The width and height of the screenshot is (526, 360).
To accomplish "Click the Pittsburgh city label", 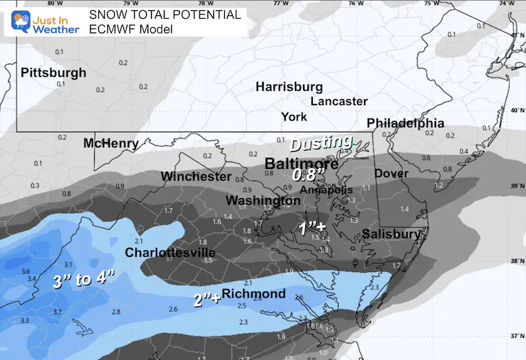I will coord(53,73).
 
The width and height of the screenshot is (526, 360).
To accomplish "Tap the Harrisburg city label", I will coord(289,87).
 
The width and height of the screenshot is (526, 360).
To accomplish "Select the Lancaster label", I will coord(338,101).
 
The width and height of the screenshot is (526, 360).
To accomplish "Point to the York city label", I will coord(294,117).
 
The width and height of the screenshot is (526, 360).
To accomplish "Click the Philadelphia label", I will coord(405,123).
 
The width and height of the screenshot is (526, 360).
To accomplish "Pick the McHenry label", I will coord(111,144).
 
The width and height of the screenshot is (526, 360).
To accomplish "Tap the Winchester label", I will coord(196,177).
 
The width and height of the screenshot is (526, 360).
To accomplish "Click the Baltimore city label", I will coord(302,165).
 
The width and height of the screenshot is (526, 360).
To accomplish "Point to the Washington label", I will coord(263,201).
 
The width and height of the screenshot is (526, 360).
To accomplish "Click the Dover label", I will coord(391,173).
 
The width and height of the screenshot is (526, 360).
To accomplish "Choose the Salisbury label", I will coord(391,234).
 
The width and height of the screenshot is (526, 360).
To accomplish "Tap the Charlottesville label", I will coord(170,253).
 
